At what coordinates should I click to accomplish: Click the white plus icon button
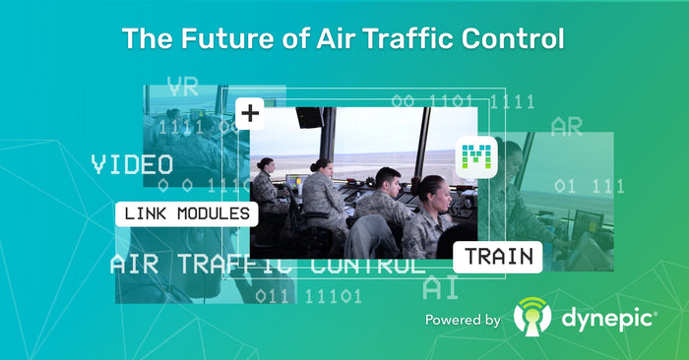[x=250, y=113]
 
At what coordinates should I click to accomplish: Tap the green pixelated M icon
[x=478, y=155]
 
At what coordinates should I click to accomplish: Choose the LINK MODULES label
[x=187, y=212]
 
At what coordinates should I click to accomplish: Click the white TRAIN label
[x=499, y=257]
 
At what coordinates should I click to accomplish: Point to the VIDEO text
[x=132, y=164]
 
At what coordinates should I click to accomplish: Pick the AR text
[x=566, y=127]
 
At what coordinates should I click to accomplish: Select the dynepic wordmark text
[x=605, y=319]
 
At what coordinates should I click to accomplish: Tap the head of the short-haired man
[x=388, y=180]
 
